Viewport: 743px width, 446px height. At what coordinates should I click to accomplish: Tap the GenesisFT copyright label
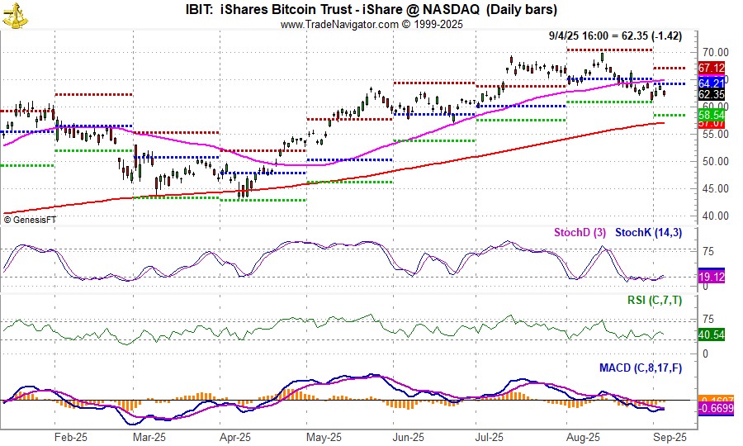(31, 219)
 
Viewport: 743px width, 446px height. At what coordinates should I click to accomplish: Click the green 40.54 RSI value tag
(712, 335)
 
